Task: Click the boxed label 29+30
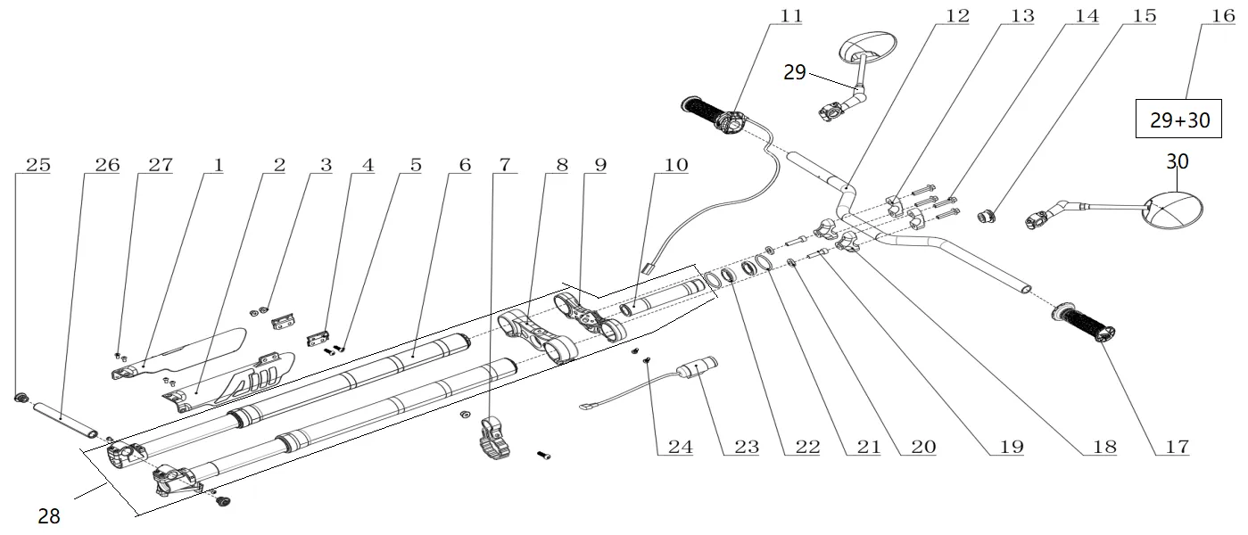coord(1179,119)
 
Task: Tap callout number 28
coord(49,516)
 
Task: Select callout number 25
coord(38,165)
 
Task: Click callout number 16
coord(1224,16)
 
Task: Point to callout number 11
coord(791,16)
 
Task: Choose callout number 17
coord(1178,447)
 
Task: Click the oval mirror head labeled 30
coord(1172,210)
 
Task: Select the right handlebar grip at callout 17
coord(1083,324)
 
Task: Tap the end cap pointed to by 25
coord(21,397)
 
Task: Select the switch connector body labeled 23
coord(697,368)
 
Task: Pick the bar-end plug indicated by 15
coord(988,215)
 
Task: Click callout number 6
coord(465,165)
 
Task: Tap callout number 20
coord(923,447)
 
